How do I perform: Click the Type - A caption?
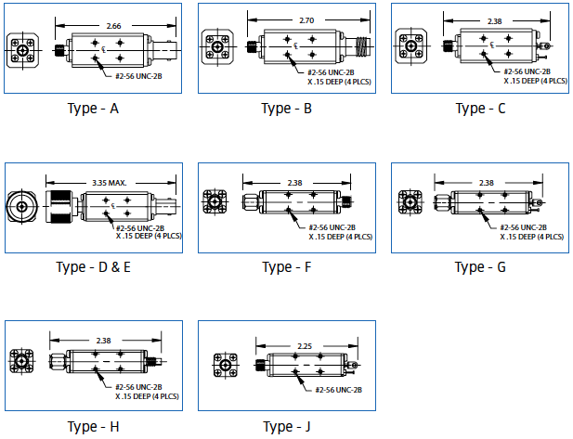pyautogui.click(x=93, y=109)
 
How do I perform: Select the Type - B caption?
pyautogui.click(x=287, y=109)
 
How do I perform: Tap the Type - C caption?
pyautogui.click(x=481, y=109)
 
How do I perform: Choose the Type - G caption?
pyautogui.click(x=480, y=268)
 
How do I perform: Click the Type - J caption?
pyautogui.click(x=287, y=427)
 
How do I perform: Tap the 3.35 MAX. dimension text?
pyautogui.click(x=111, y=184)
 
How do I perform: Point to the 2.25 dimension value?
pyautogui.click(x=304, y=346)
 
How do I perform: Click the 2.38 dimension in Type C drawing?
pyautogui.click(x=497, y=19)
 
